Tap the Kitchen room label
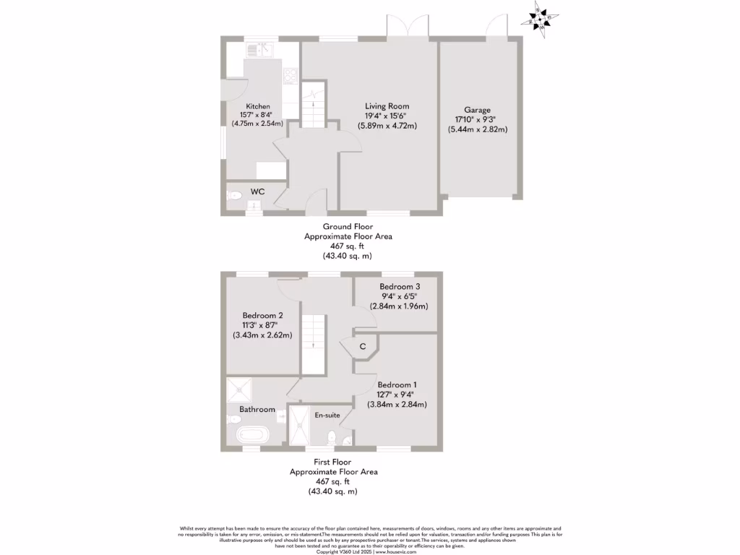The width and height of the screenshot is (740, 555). click(x=258, y=106)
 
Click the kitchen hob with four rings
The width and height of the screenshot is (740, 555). click(x=292, y=75)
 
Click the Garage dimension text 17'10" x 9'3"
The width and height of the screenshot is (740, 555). click(x=475, y=120)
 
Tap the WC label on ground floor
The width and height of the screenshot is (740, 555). click(x=257, y=192)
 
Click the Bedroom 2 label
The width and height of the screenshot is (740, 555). click(x=262, y=316)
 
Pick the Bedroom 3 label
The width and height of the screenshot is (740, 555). click(x=400, y=287)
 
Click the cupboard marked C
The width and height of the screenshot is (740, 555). click(x=362, y=348)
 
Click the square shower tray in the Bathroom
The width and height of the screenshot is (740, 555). click(x=239, y=390)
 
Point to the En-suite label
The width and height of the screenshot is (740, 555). click(x=327, y=415)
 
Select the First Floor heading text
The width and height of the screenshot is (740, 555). click(x=333, y=462)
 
